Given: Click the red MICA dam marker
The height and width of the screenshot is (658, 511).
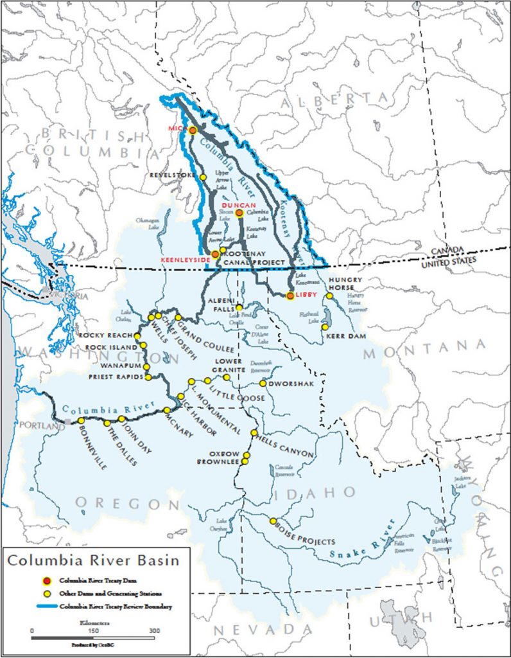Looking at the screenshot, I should click(192, 130).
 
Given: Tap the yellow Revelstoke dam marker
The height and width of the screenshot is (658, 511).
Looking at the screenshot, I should click(203, 177).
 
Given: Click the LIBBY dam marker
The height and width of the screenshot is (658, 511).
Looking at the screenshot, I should click(290, 296).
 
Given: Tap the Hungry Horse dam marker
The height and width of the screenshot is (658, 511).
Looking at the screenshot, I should click(329, 296).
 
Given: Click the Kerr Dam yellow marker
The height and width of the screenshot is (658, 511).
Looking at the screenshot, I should click(325, 327).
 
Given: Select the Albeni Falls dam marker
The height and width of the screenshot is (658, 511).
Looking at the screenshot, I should click(239, 308).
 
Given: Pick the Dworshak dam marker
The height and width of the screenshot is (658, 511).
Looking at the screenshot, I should click(263, 384).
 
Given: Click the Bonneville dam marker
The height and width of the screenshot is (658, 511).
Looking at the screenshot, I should click(81, 421).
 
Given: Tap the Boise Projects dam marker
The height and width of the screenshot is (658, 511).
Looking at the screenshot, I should click(273, 521).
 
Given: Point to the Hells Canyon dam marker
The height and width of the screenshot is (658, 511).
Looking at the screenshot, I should click(254, 432).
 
